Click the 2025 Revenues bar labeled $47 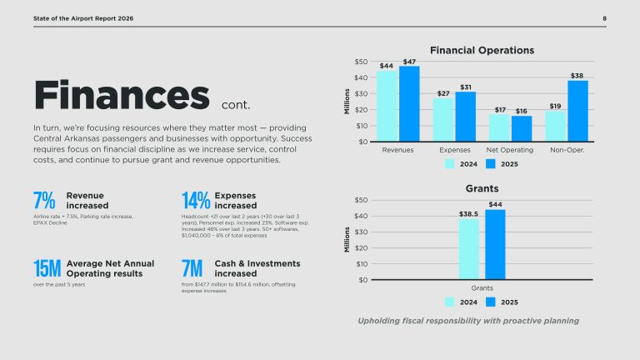click(x=409, y=103)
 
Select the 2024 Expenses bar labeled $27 click(x=443, y=120)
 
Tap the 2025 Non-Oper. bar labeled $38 click(x=578, y=111)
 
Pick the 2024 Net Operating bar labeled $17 click(x=499, y=127)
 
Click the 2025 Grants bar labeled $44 click(x=495, y=244)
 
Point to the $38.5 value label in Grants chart click(x=468, y=214)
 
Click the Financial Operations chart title click(x=482, y=50)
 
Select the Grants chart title click(x=482, y=188)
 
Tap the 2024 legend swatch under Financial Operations click(x=450, y=164)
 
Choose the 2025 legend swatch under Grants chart click(x=491, y=302)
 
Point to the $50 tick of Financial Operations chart click(x=361, y=62)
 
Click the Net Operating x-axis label click(x=509, y=150)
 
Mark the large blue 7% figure click(x=44, y=200)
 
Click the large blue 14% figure click(x=196, y=200)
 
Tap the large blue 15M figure click(x=47, y=268)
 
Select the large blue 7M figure click(x=192, y=268)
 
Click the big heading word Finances click(x=122, y=95)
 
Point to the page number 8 click(x=604, y=18)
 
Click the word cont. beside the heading click(x=236, y=105)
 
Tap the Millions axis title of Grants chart click(x=347, y=240)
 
